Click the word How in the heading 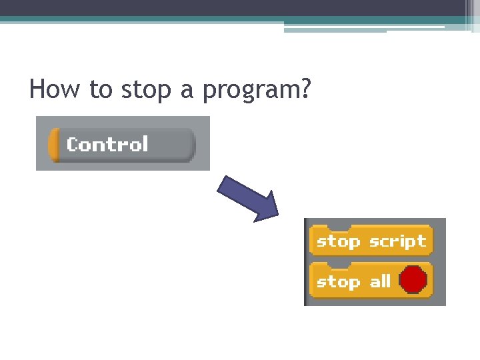pos(55,89)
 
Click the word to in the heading pos(101,89)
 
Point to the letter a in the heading pos(187,91)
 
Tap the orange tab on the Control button pos(53,145)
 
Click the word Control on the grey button pos(107,145)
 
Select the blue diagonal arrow pos(249,198)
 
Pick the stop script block pos(371,241)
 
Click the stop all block pos(371,281)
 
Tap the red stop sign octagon pos(413,280)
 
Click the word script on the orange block pos(397,241)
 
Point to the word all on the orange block pos(380,281)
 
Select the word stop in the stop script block pos(338,241)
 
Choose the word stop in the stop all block pos(338,282)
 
